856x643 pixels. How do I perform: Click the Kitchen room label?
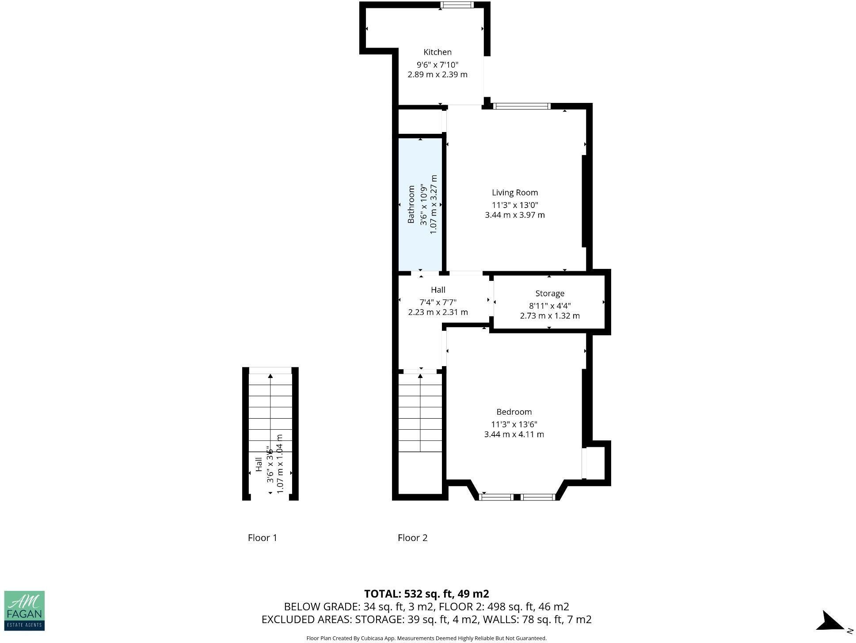(437, 52)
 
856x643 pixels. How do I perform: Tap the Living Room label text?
(514, 193)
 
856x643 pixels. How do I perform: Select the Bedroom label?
(514, 412)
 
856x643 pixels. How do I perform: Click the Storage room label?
(549, 293)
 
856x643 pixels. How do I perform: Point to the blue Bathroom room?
(420, 247)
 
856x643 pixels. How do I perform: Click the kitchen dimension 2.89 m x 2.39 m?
(437, 75)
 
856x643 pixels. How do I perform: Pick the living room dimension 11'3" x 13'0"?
(514, 205)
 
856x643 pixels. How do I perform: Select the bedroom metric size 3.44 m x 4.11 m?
(514, 434)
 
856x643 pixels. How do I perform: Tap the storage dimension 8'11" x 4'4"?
(549, 306)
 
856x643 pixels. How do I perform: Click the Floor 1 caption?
(262, 537)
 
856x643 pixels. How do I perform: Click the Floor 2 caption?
(412, 537)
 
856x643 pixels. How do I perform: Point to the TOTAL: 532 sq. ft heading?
(426, 594)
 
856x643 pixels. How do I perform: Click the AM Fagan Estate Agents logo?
(24, 610)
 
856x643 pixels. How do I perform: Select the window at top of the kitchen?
(457, 5)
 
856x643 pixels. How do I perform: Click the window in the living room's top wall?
(521, 106)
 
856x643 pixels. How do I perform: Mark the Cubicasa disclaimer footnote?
(426, 638)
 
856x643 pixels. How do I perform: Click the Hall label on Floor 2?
(438, 290)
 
